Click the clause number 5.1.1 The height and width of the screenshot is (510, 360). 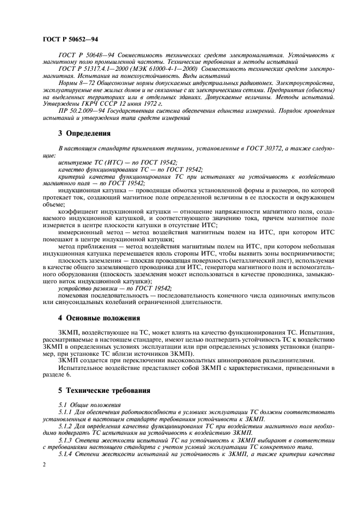(65, 412)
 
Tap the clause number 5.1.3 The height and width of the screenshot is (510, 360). (65, 439)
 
